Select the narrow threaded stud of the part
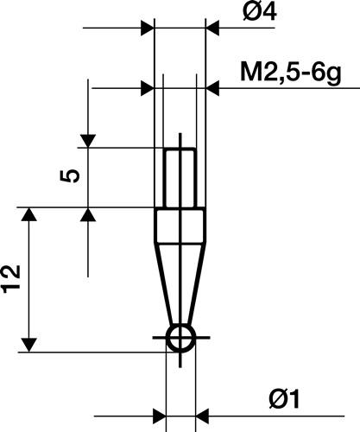tap(180, 177)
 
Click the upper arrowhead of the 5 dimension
tap(88, 140)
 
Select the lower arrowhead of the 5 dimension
tap(88, 214)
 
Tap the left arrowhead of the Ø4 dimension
tap(146, 29)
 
